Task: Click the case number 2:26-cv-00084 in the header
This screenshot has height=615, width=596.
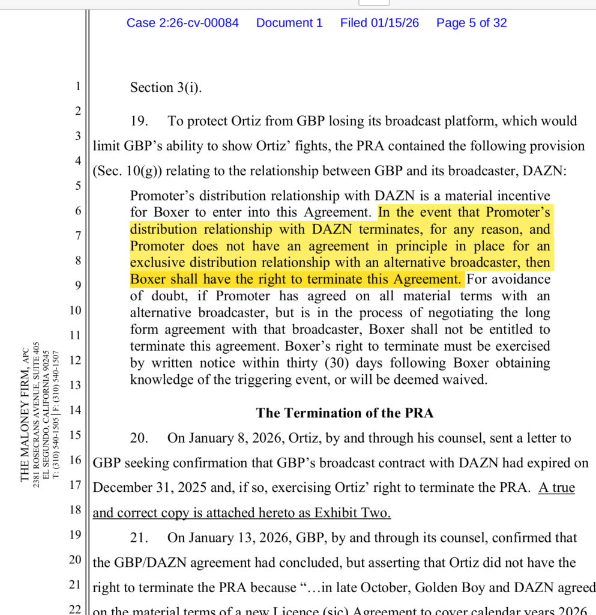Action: pyautogui.click(x=182, y=23)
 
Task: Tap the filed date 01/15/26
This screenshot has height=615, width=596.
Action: pyautogui.click(x=379, y=23)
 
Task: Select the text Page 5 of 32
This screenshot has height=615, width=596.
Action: pyautogui.click(x=471, y=23)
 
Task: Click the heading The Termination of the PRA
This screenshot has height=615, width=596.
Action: pyautogui.click(x=345, y=413)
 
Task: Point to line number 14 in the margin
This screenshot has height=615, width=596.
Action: pyautogui.click(x=75, y=410)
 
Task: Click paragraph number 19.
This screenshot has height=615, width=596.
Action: pyautogui.click(x=139, y=121)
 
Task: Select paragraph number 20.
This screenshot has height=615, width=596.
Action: pyautogui.click(x=139, y=438)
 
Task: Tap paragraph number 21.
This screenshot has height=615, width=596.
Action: pyautogui.click(x=139, y=538)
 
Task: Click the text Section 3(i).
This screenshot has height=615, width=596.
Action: pyautogui.click(x=166, y=88)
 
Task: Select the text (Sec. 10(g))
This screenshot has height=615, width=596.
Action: pyautogui.click(x=127, y=171)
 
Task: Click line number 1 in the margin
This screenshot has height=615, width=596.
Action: pyautogui.click(x=77, y=86)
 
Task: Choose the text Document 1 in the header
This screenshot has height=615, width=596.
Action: pyautogui.click(x=289, y=23)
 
